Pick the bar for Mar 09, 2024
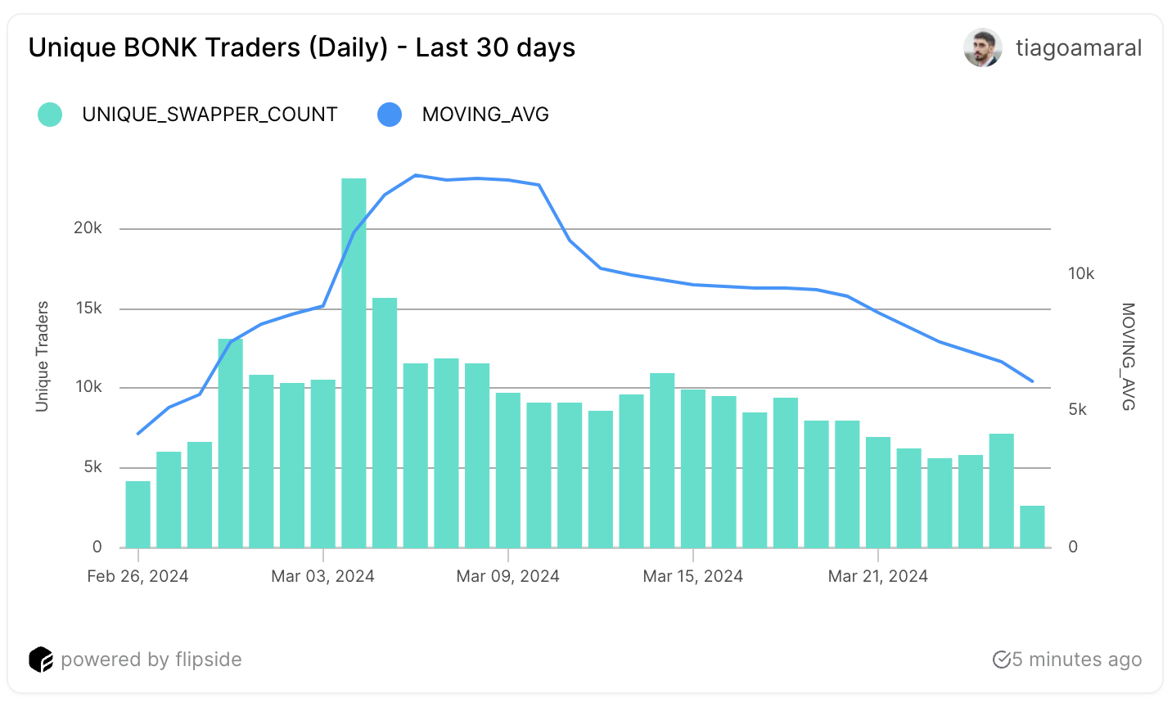[508, 470]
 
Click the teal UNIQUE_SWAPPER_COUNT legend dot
[50, 115]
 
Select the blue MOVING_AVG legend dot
[390, 115]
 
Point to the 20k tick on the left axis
[88, 228]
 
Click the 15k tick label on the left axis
[88, 308]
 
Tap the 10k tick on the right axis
[1081, 274]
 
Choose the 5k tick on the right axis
[1078, 410]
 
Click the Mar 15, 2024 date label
[692, 576]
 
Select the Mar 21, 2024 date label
[877, 576]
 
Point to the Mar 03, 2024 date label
[322, 576]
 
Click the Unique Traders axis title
[43, 357]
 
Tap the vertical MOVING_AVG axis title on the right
[1128, 357]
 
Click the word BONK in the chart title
[160, 47]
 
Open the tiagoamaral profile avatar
[982, 47]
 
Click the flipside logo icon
[41, 660]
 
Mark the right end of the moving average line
[1032, 381]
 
